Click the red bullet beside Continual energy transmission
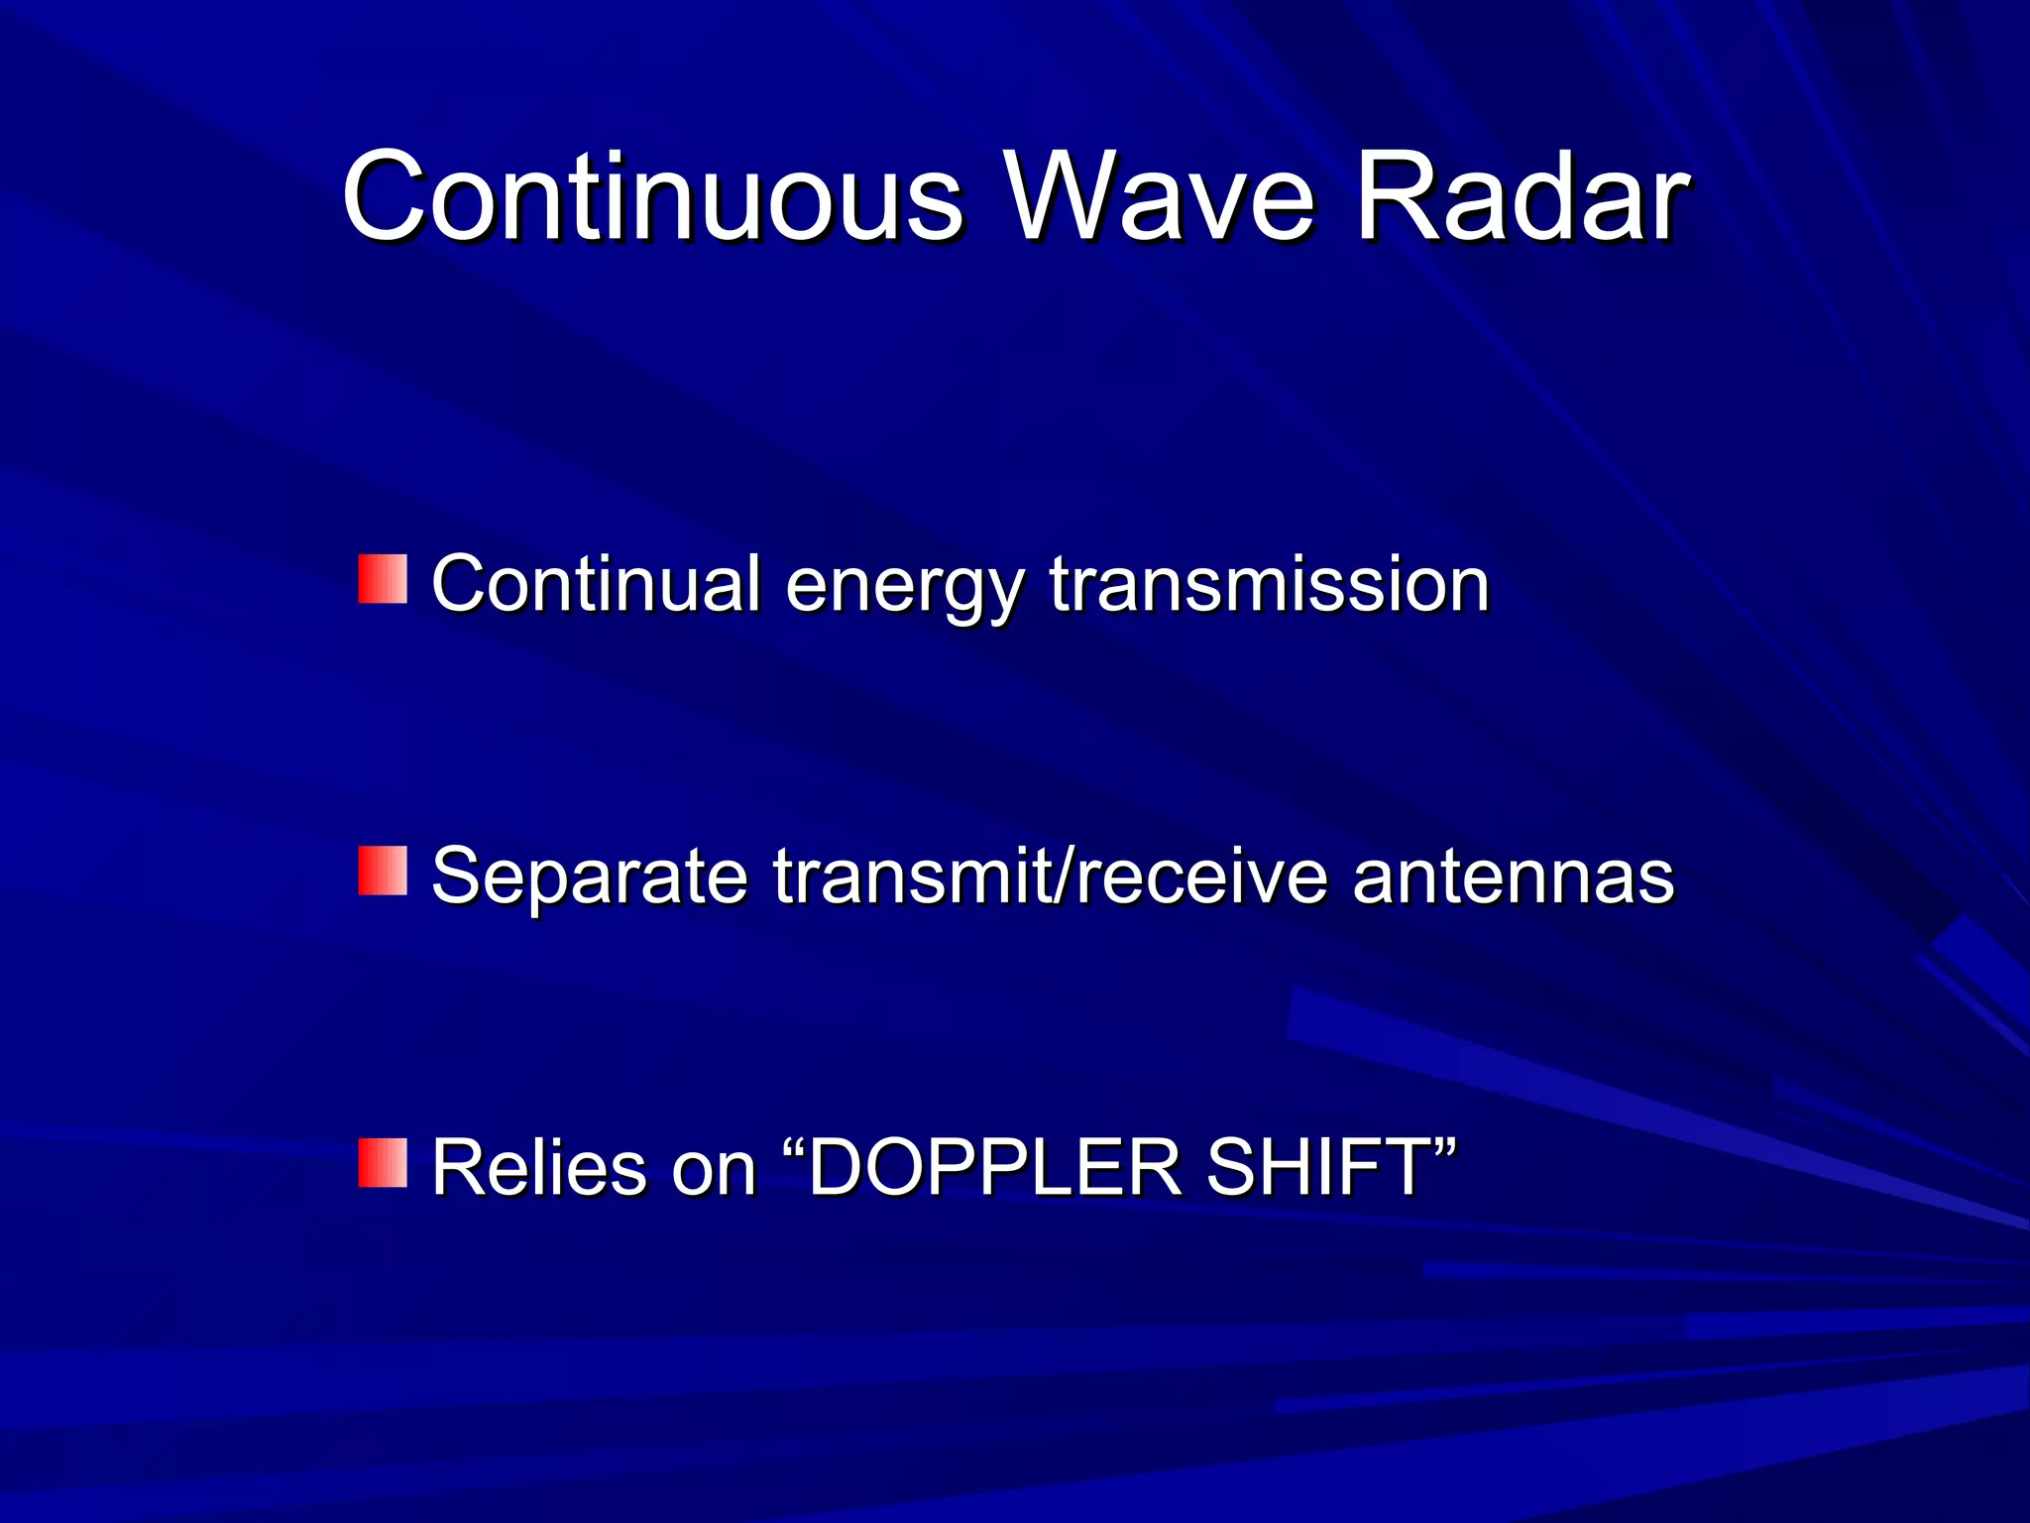click(x=383, y=579)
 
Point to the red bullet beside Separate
click(x=383, y=871)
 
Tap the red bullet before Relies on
click(x=383, y=1163)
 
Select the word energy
click(x=903, y=587)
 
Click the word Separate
click(x=589, y=876)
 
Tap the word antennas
click(x=1513, y=878)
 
